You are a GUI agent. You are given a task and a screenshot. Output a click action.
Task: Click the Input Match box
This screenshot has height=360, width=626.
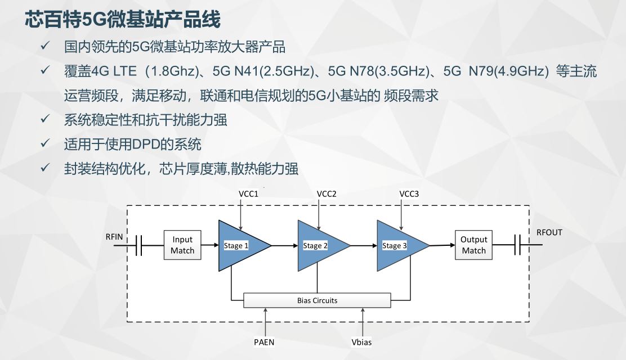pos(182,245)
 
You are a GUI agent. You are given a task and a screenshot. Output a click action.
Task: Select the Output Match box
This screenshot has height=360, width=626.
pos(473,245)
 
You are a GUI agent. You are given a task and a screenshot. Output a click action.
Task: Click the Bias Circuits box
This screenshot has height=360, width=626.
pos(317,300)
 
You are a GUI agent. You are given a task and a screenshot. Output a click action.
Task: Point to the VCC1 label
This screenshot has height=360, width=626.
pos(248,194)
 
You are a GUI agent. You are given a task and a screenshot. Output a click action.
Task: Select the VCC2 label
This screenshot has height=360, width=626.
pos(327,194)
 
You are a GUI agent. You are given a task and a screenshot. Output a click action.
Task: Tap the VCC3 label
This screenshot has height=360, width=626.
pos(409,194)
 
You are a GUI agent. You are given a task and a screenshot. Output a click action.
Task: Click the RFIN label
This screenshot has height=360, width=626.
pos(114,237)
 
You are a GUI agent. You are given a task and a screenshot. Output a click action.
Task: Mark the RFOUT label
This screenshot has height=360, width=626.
pos(549,232)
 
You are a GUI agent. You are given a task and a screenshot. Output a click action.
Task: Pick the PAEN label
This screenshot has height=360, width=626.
pos(264,342)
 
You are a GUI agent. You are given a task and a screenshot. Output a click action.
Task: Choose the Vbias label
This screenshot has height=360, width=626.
pos(361,342)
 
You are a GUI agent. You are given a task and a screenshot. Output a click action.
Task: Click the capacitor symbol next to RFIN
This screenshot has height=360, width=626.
pos(139,245)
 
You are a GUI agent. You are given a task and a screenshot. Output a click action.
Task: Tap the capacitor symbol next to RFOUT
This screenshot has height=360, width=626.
pos(517,245)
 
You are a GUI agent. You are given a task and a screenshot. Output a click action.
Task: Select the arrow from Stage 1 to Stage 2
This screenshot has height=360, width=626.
pos(285,245)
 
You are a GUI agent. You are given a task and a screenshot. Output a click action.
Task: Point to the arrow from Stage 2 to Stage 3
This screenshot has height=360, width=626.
pos(364,245)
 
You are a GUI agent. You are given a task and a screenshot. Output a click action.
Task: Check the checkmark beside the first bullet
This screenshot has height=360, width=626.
pos(44,46)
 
